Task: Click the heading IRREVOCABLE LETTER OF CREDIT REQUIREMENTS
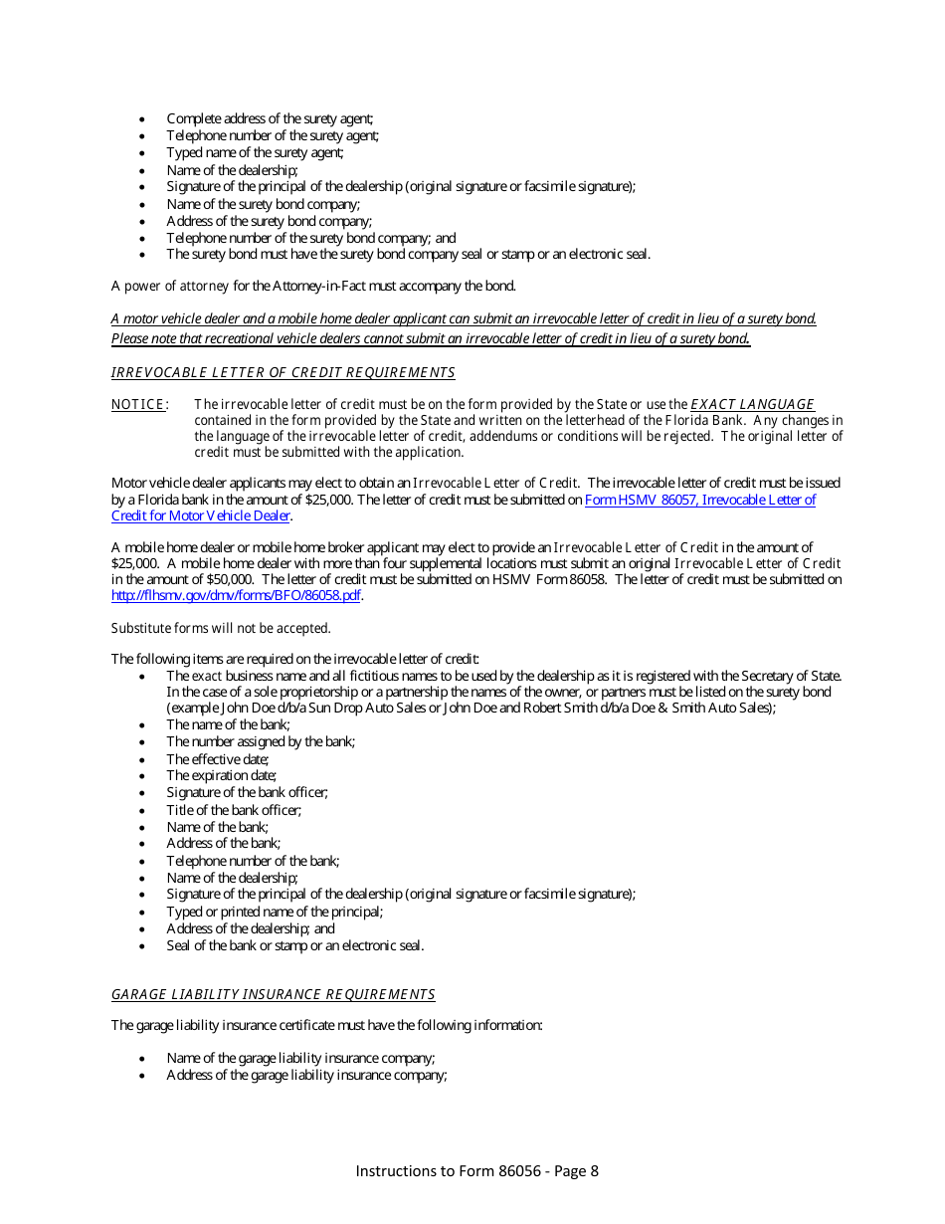click(x=283, y=373)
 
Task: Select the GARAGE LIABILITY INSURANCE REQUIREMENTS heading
click(x=273, y=995)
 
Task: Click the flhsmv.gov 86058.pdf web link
click(x=236, y=596)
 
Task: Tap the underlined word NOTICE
click(x=137, y=405)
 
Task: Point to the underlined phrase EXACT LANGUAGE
click(x=752, y=405)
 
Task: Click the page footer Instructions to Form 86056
click(x=476, y=1171)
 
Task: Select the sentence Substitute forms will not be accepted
click(x=221, y=629)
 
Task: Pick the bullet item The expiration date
click(x=221, y=775)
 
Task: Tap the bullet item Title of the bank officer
click(x=234, y=810)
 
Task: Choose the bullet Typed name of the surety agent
click(x=255, y=153)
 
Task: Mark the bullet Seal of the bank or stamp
click(x=294, y=945)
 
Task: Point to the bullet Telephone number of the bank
click(x=253, y=861)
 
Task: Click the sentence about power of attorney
click(x=313, y=287)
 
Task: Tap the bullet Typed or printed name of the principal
click(x=275, y=912)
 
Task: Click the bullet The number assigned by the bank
click(x=261, y=741)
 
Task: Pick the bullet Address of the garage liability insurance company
click(x=306, y=1076)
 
